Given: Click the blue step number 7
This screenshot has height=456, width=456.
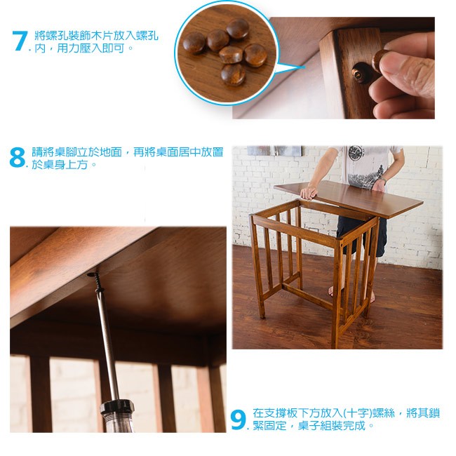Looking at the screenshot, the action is point(20,41).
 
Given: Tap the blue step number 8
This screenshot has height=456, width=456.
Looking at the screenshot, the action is point(17,157).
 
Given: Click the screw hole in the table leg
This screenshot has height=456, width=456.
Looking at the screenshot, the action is point(359,73).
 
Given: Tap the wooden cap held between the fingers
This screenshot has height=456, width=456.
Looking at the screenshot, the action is point(380,60).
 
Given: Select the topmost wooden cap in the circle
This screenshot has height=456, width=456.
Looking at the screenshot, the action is point(238,29).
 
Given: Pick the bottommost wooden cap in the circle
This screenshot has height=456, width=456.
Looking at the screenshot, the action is point(233,74).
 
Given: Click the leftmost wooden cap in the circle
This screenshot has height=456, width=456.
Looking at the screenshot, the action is point(194,43).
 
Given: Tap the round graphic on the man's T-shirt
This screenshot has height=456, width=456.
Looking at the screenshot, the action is point(356,153).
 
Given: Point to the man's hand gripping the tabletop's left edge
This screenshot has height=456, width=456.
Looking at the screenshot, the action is point(308,192).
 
